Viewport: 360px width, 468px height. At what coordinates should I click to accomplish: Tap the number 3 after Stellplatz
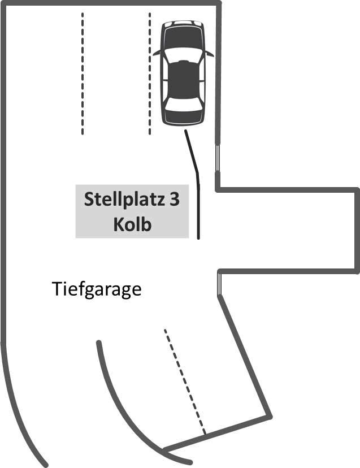tap(174, 200)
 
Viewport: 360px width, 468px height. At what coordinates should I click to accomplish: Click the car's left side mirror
tap(157, 53)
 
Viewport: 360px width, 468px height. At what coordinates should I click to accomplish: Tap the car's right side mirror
tap(210, 54)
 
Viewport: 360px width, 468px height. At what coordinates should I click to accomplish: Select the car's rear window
tap(183, 104)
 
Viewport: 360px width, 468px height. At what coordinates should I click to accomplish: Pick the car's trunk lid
tap(183, 116)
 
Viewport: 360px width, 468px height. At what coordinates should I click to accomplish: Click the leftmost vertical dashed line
tap(83, 73)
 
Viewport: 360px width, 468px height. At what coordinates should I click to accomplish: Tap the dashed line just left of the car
tap(150, 73)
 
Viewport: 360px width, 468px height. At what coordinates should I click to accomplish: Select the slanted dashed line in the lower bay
tap(185, 382)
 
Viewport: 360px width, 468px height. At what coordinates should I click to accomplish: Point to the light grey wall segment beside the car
tap(218, 159)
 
